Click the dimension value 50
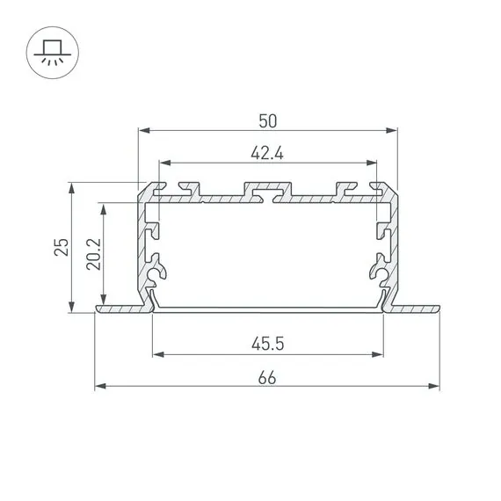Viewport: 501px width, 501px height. coord(268,121)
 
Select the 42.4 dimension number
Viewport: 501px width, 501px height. coord(267,153)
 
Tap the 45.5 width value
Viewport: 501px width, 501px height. coord(268,345)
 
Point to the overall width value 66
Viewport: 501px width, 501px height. coord(267,378)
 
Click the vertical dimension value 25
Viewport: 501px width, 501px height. coord(62,247)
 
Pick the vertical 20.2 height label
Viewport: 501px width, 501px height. coord(94,254)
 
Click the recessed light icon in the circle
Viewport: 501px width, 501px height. coord(53,53)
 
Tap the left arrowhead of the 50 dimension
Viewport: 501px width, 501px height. coord(144,130)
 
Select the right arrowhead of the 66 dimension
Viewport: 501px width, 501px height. coord(433,386)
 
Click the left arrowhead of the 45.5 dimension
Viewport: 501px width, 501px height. coord(158,354)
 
